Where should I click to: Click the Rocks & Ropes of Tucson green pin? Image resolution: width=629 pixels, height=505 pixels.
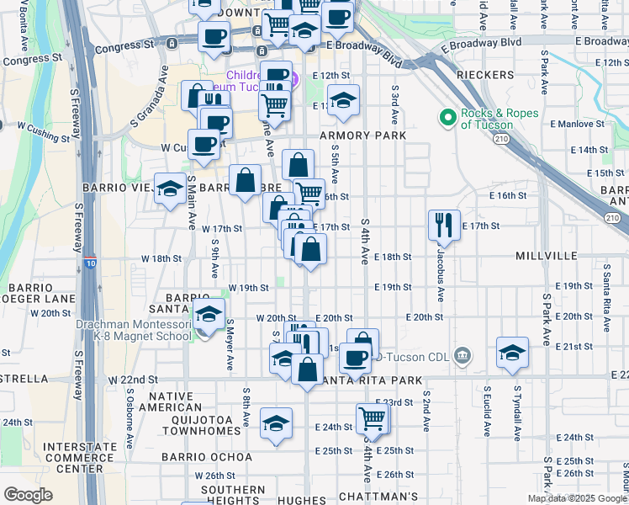coord(447,116)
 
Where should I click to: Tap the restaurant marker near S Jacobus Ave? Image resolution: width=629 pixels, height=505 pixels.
coord(444,225)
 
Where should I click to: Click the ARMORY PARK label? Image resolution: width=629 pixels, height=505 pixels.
coord(362,136)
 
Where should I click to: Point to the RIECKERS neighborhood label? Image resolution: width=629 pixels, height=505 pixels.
coord(484,76)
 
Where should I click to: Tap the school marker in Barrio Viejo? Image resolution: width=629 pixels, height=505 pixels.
coord(171,189)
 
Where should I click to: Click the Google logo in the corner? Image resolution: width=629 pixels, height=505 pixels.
coord(28,495)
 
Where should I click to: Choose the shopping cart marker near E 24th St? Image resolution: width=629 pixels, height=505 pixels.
coord(372,417)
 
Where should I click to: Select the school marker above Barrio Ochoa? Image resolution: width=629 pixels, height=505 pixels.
coord(276,424)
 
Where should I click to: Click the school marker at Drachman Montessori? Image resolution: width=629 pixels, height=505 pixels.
coord(208,316)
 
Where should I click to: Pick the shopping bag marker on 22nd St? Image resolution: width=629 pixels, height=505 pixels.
coord(309,369)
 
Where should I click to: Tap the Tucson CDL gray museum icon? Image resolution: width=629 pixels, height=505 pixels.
coord(462,357)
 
